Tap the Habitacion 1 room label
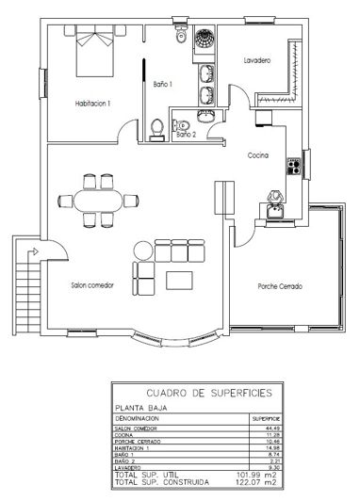click(x=93, y=104)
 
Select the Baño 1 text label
click(x=164, y=85)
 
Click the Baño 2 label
click(x=186, y=136)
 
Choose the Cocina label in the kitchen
click(x=259, y=155)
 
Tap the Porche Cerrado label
click(x=280, y=286)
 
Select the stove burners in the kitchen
click(x=293, y=167)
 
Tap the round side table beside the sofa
click(x=142, y=250)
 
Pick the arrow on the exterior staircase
click(x=34, y=251)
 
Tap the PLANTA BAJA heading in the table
click(x=142, y=406)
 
